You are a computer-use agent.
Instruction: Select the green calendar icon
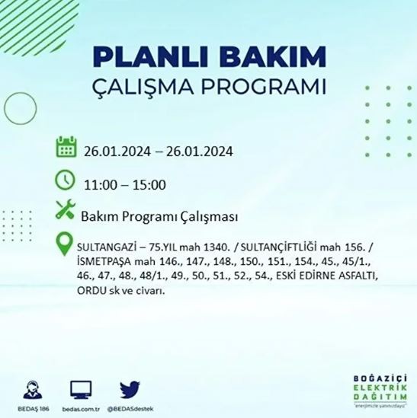[x=66, y=148]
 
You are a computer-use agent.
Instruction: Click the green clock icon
[x=66, y=181]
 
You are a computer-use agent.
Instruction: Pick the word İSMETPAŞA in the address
[x=104, y=262]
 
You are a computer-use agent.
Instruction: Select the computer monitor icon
[x=82, y=388]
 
